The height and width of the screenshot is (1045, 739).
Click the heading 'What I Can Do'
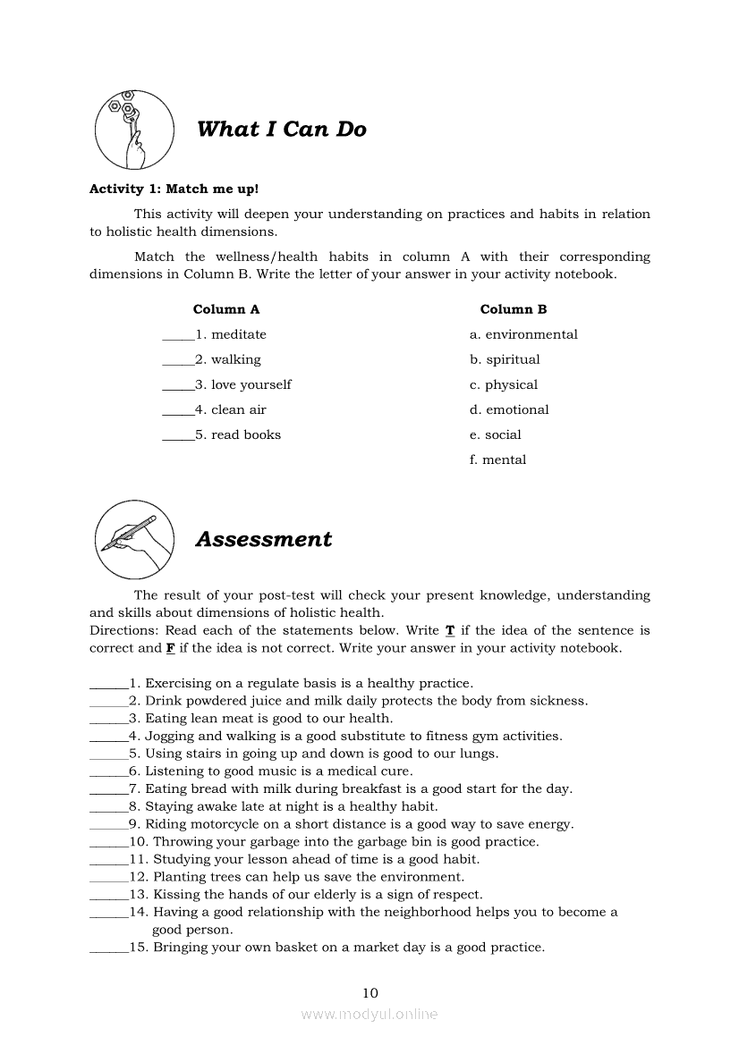coord(281,130)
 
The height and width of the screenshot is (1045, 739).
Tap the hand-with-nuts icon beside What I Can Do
coord(134,130)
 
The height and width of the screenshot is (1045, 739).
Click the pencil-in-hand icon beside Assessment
coord(134,539)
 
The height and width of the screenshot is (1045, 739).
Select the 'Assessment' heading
coord(263,540)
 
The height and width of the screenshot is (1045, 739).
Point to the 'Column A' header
coord(226,309)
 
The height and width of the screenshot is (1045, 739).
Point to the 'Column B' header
coord(514,309)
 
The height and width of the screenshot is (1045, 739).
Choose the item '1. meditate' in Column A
coord(231,334)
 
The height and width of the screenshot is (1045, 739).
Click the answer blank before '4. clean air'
coord(177,411)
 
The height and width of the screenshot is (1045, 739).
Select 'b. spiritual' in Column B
coord(505,359)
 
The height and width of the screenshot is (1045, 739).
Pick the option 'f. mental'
coord(497,459)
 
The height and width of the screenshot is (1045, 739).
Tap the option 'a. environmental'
coord(523,334)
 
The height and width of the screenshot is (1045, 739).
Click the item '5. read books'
coord(238,434)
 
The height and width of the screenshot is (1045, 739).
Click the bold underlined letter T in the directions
coord(450,630)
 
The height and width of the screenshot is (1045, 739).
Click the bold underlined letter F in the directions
coord(170,648)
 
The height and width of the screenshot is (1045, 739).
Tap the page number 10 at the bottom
coord(370,992)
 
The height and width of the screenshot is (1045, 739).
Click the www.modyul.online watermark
coord(369,1014)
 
